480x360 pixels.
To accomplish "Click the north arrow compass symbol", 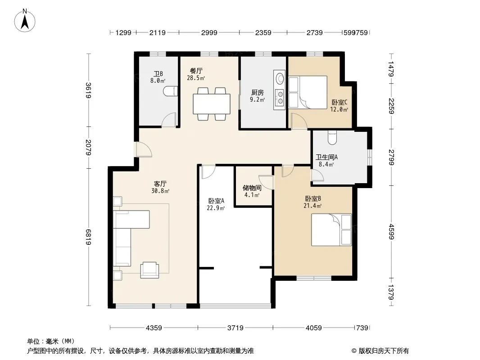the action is tap(25, 20).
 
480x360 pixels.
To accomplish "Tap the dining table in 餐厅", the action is tap(212, 104).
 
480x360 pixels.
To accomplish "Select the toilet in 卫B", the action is tap(171, 91).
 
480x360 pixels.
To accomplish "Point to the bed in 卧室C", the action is tap(308, 92).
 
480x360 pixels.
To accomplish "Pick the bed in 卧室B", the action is tap(331, 229).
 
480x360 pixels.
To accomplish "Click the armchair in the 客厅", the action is tap(149, 270).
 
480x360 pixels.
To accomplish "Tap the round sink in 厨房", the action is tap(280, 78).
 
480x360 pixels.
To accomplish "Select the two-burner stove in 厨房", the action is tap(280, 97).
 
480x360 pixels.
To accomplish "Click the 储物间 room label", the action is tap(252, 188).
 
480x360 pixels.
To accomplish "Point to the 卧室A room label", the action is tap(216, 201).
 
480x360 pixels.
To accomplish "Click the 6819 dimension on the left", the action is tap(88, 237).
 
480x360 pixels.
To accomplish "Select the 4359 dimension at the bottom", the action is tap(154, 328).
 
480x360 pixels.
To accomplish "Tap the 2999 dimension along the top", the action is tap(209, 32).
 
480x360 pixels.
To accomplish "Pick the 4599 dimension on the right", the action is tap(391, 232).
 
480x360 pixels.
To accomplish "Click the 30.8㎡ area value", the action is tap(160, 191).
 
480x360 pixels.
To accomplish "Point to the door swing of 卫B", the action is tap(169, 120).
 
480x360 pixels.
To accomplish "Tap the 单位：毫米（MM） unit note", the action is tap(51, 341).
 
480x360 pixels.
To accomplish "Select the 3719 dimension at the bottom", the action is tap(235, 328).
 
